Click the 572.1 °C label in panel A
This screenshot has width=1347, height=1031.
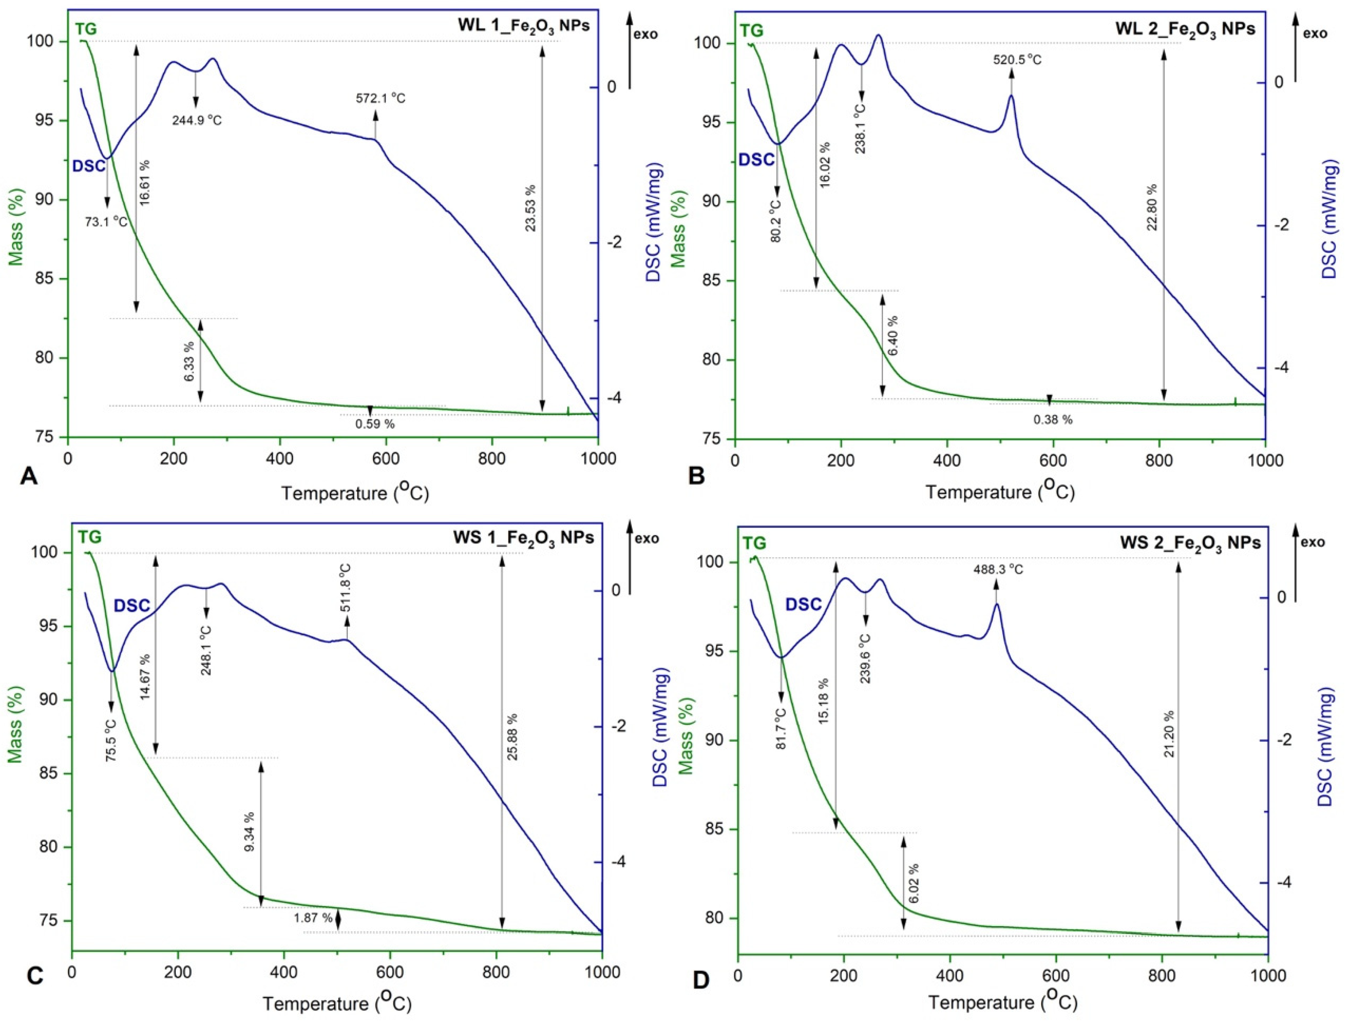[x=380, y=98]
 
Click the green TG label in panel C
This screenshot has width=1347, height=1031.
[x=90, y=538]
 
